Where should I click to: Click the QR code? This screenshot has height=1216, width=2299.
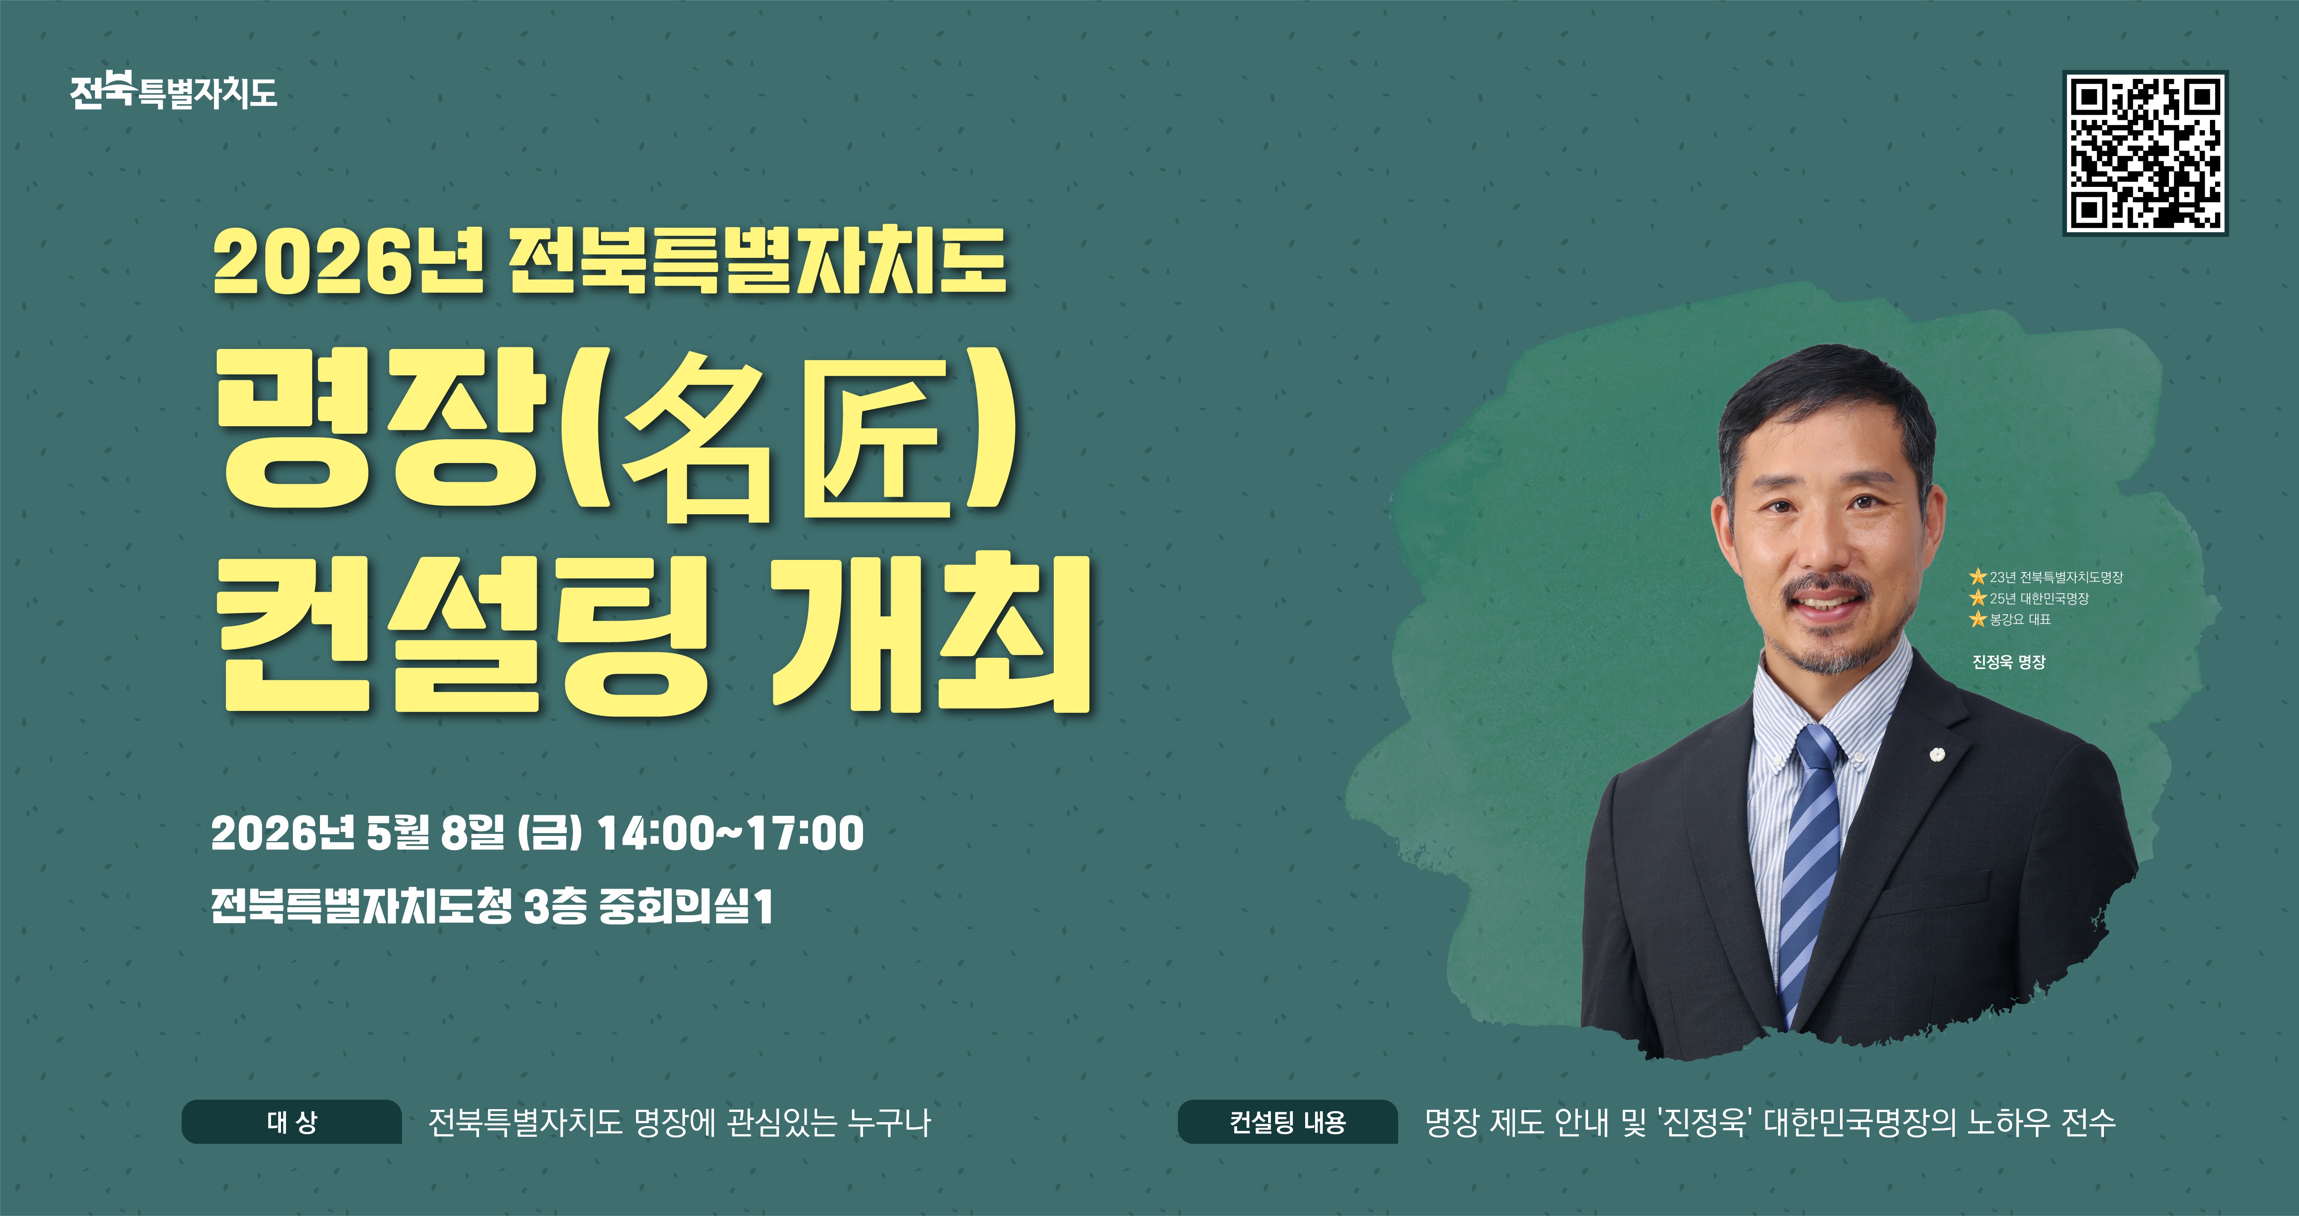2145,153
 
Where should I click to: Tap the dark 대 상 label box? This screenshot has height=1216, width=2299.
292,1122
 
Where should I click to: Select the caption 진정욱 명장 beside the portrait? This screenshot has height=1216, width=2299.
2008,662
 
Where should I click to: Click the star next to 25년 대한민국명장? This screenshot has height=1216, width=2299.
1978,598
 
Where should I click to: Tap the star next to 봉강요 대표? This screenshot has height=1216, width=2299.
1978,619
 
